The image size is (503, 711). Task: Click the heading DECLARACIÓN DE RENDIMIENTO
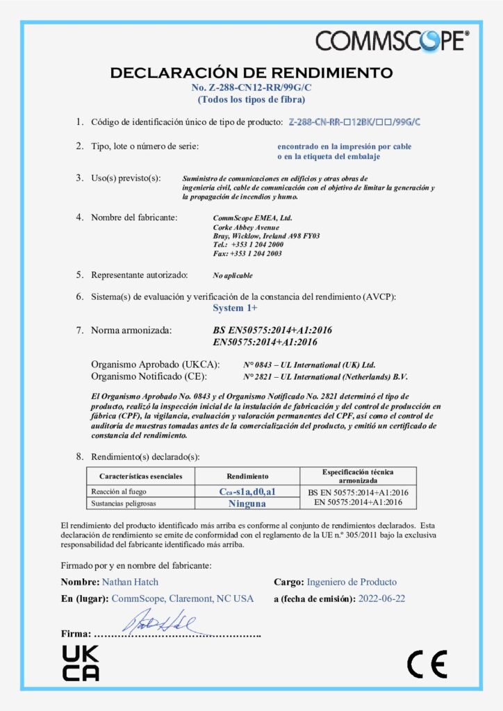(251, 72)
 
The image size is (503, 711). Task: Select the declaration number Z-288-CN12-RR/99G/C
(251, 87)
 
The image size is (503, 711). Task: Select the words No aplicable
(233, 276)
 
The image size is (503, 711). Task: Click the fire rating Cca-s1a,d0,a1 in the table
(247, 492)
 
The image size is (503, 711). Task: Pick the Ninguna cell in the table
(247, 502)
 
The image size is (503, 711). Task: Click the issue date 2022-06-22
(381, 599)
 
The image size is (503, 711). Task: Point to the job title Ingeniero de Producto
(352, 582)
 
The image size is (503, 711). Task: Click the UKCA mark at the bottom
(81, 662)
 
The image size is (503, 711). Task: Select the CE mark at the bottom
(427, 664)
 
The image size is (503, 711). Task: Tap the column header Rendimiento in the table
(247, 476)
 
